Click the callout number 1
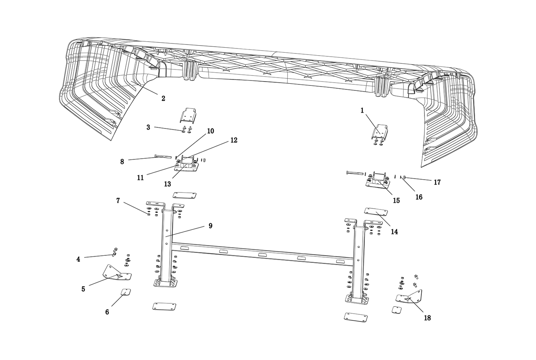(362, 111)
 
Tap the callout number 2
(163, 99)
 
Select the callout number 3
(148, 127)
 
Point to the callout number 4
(78, 260)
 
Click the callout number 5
(83, 289)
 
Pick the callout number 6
(107, 312)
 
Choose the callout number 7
(118, 201)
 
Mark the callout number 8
(122, 162)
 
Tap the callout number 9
(210, 226)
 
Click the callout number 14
(394, 231)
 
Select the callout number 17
(437, 182)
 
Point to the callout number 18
(427, 318)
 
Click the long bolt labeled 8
(163, 157)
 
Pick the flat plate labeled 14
(376, 212)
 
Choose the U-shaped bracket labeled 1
(380, 132)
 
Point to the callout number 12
(234, 140)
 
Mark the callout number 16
(419, 197)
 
